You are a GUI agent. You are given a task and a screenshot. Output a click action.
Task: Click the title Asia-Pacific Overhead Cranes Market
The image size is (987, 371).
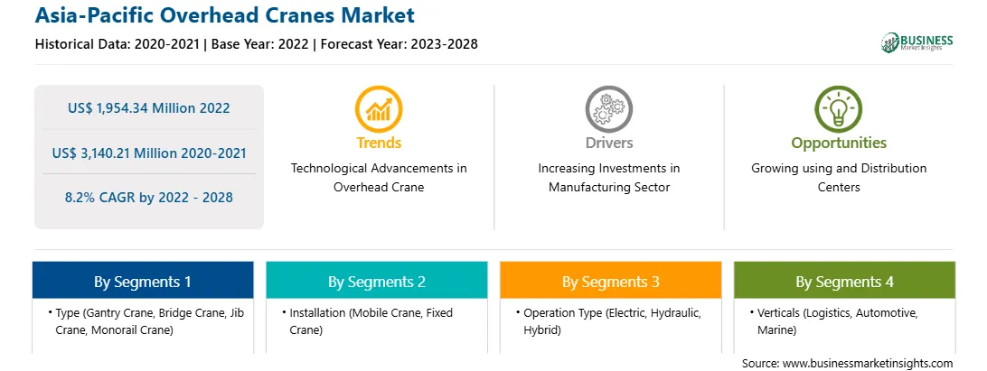click(225, 15)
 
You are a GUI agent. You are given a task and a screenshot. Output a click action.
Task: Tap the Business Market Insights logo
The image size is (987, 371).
click(917, 42)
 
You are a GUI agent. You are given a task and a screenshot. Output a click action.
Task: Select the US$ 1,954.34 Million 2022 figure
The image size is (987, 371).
click(148, 108)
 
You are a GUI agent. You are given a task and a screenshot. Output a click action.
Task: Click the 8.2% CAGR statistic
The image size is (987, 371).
click(148, 198)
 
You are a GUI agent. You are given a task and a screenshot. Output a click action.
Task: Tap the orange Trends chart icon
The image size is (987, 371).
click(379, 109)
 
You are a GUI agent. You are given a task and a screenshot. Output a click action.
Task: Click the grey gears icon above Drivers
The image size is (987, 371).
click(608, 109)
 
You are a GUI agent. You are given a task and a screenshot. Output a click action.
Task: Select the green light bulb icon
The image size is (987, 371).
click(839, 109)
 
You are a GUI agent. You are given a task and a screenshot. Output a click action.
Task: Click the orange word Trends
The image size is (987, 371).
click(379, 143)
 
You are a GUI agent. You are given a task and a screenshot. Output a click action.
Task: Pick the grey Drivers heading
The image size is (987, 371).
click(608, 143)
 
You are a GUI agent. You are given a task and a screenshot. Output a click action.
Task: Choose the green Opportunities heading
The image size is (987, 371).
click(839, 144)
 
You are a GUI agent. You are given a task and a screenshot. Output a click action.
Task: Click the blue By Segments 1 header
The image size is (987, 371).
click(143, 281)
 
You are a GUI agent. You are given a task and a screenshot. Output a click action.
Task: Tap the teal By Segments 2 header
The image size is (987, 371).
click(376, 281)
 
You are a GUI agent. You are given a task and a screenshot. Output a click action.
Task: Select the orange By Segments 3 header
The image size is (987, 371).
click(611, 281)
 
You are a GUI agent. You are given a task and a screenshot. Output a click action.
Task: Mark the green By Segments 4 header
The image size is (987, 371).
click(844, 281)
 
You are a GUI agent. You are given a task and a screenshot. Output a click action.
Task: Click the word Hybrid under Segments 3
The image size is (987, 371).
click(542, 330)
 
